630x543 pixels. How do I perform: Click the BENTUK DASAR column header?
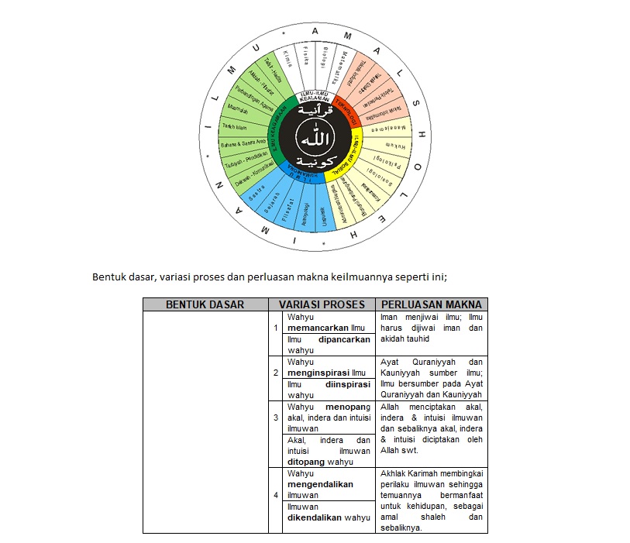205,304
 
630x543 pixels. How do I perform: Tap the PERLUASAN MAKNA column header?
432,304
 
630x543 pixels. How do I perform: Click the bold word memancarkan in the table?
315,328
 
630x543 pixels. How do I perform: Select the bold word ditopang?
306,462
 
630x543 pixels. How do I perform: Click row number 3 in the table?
275,418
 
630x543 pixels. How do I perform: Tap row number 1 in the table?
275,328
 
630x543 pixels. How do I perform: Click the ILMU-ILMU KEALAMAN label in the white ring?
315,98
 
